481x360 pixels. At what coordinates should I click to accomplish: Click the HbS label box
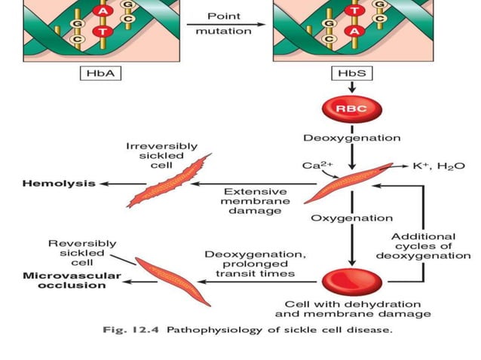351,74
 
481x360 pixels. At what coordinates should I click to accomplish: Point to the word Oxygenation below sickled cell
351,218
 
